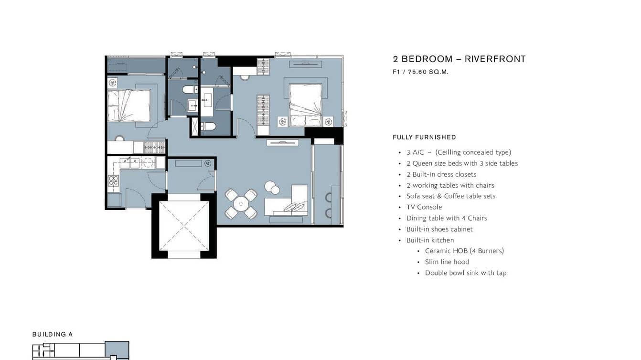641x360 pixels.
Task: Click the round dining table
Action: pyautogui.click(x=241, y=204)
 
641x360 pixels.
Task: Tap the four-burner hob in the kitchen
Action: pyautogui.click(x=113, y=180)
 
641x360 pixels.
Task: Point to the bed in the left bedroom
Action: pyautogui.click(x=129, y=106)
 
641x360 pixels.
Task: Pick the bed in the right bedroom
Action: pyautogui.click(x=306, y=105)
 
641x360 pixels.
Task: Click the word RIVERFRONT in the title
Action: pyautogui.click(x=495, y=59)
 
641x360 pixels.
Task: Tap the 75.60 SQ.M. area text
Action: pyautogui.click(x=428, y=72)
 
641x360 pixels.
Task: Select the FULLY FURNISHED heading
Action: pyautogui.click(x=424, y=137)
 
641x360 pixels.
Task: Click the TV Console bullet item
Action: pyautogui.click(x=424, y=207)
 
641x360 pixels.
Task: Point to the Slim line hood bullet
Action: pyautogui.click(x=447, y=262)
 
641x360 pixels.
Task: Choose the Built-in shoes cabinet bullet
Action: pyautogui.click(x=439, y=229)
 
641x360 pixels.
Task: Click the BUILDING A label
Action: pyautogui.click(x=53, y=334)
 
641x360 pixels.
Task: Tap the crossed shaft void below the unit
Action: pyautogui.click(x=184, y=226)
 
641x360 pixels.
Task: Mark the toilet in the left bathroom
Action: pyautogui.click(x=190, y=90)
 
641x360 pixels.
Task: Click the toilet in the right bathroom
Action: pyautogui.click(x=208, y=126)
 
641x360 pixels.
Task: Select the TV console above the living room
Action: pyautogui.click(x=282, y=143)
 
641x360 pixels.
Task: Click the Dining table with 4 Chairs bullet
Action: pyautogui.click(x=447, y=218)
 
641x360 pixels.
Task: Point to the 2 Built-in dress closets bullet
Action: pyautogui.click(x=441, y=174)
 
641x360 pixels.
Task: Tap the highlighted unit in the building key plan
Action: pyautogui.click(x=117, y=350)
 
